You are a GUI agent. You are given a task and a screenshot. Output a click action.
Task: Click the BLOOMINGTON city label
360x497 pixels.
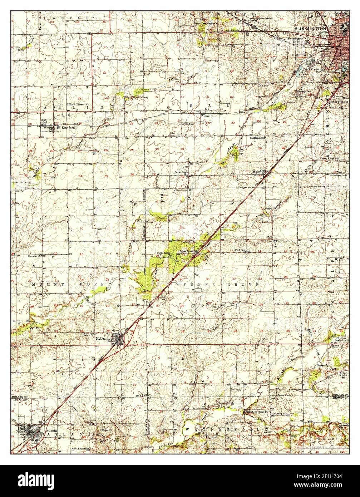pyautogui.click(x=310, y=28)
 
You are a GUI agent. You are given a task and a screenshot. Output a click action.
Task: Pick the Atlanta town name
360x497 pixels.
pyautogui.click(x=51, y=431)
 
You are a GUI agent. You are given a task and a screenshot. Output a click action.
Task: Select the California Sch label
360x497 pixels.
pyautogui.click(x=257, y=138)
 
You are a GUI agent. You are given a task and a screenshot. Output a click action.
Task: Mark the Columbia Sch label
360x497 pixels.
pyautogui.click(x=280, y=413)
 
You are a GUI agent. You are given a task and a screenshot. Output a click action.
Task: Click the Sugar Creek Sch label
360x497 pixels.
pyautogui.click(x=181, y=173)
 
